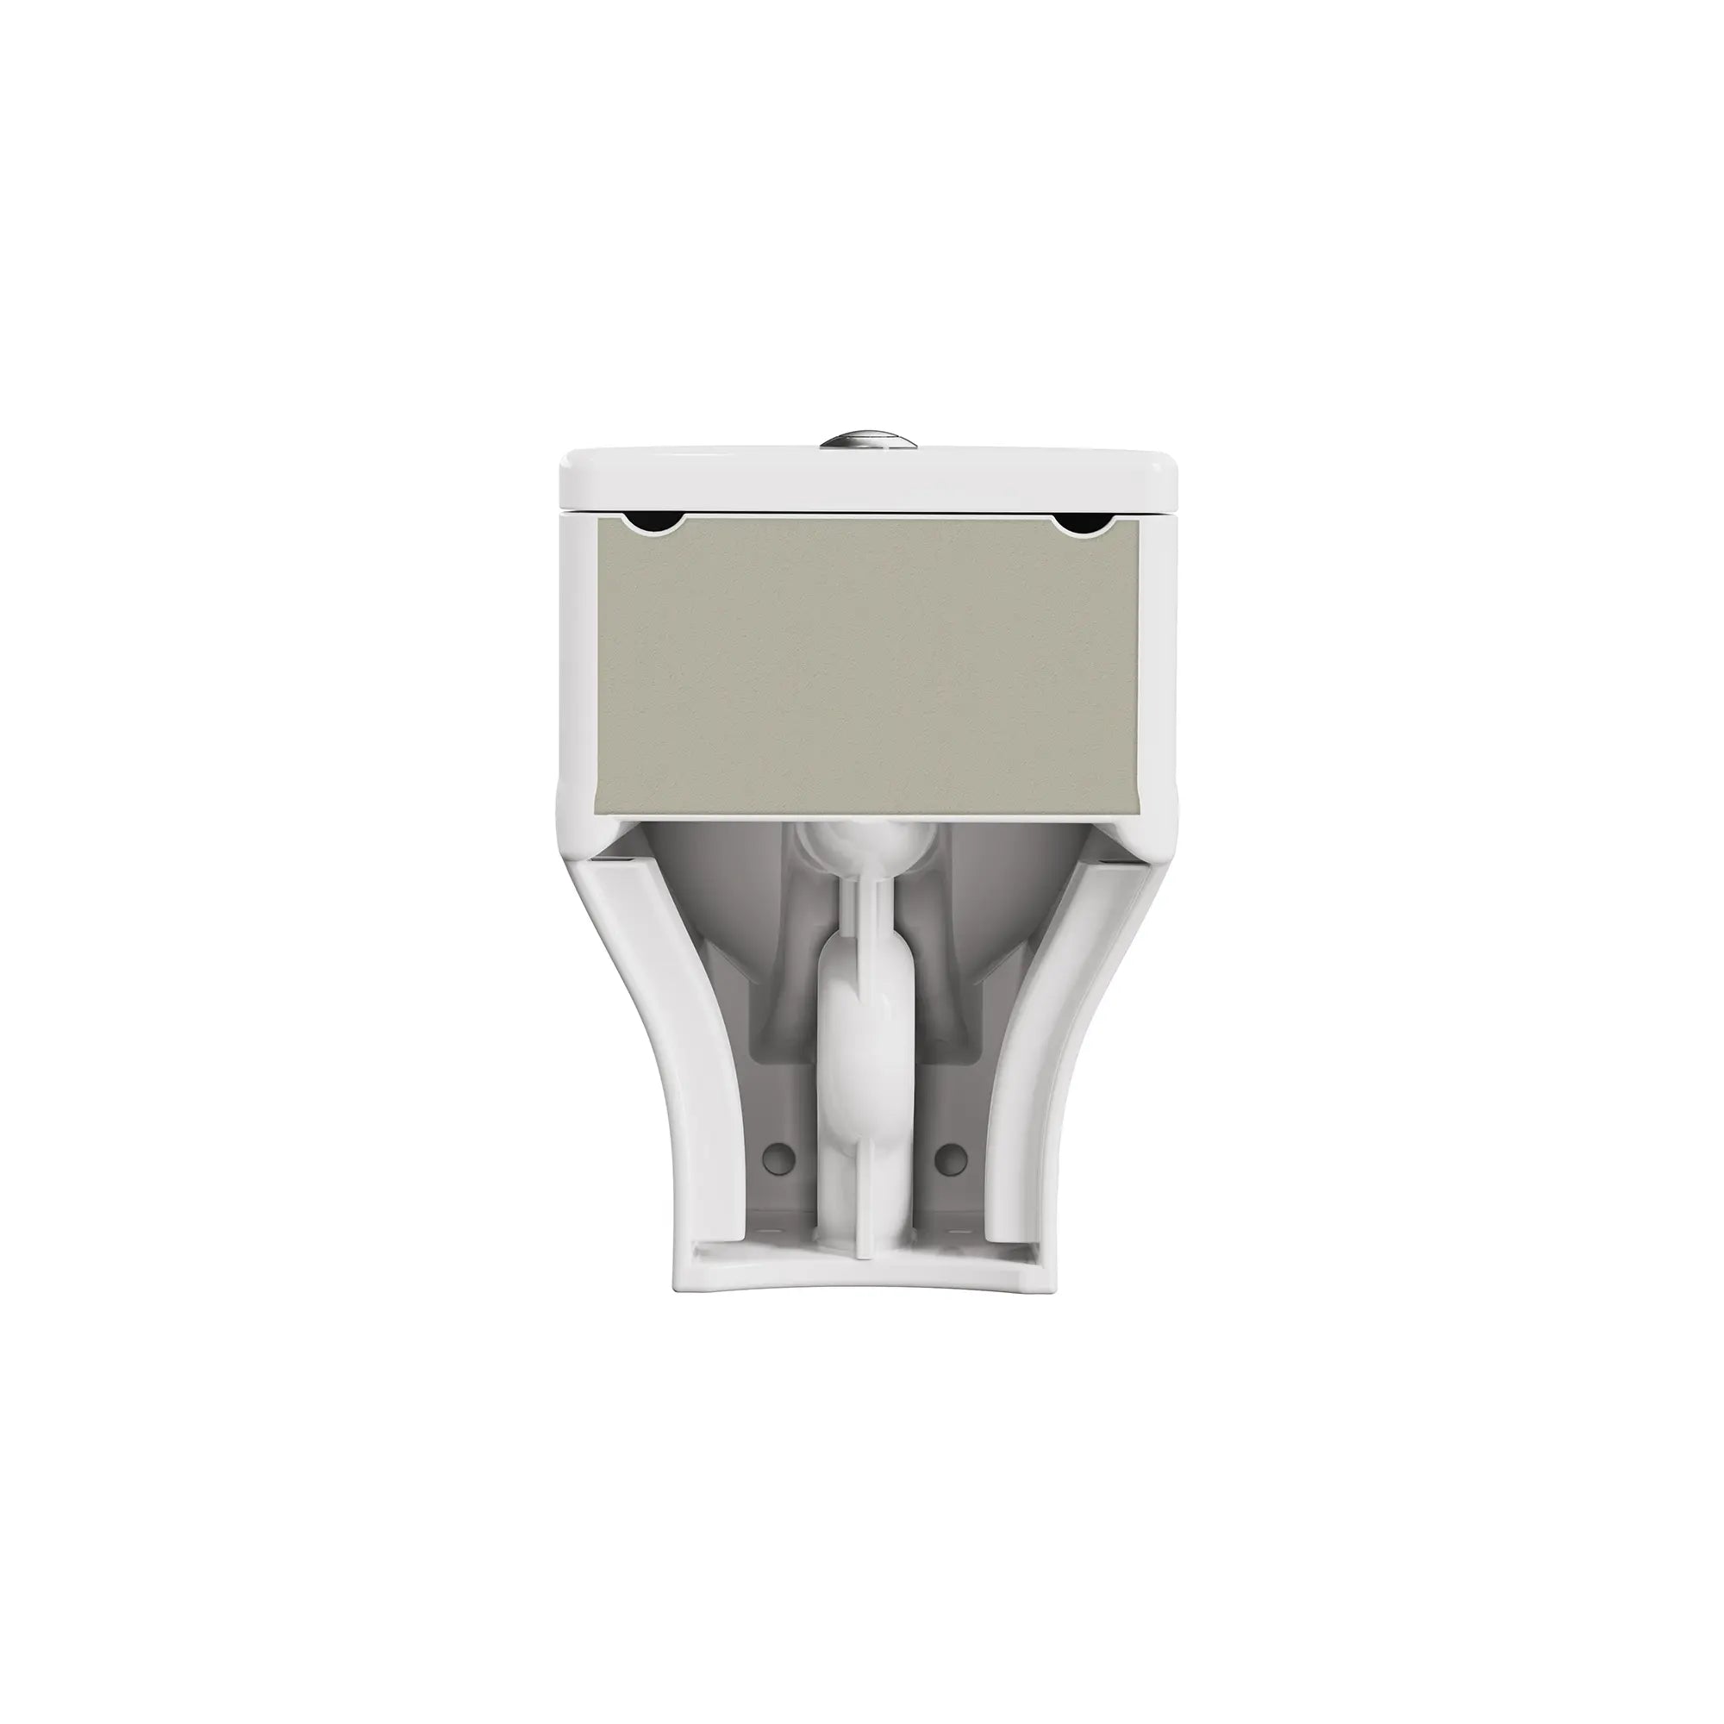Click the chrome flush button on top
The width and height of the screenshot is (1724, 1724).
[x=862, y=440]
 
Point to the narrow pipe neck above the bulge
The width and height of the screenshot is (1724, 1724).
[x=862, y=919]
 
